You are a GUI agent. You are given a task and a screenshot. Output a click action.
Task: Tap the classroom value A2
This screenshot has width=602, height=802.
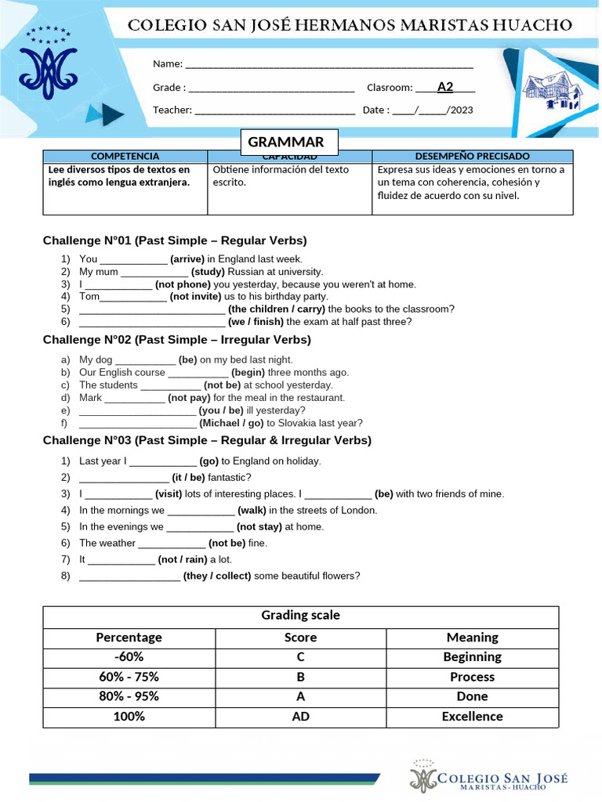point(445,87)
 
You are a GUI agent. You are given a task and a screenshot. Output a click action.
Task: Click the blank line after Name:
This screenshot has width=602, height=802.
point(328,64)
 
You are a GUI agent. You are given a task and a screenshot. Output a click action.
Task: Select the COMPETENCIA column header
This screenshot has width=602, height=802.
point(125,157)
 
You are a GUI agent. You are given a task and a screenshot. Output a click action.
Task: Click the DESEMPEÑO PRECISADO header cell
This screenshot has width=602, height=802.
point(472,157)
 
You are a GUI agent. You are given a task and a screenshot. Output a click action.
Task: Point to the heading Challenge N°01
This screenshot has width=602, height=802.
point(174,240)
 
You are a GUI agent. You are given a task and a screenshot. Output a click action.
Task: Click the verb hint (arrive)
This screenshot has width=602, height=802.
point(187,258)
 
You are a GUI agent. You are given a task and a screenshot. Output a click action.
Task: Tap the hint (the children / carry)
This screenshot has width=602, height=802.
point(276,309)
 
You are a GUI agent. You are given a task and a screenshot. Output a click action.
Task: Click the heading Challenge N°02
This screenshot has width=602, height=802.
point(176,340)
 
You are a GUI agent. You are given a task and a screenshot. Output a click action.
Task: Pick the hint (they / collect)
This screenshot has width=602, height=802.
point(217,576)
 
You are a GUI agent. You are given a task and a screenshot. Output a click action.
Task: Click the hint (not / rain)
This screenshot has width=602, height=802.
point(183,560)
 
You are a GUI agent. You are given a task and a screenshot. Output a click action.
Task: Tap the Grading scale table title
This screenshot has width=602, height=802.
point(300,616)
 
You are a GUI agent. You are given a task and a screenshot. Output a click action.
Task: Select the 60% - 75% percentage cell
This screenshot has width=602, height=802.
point(129,677)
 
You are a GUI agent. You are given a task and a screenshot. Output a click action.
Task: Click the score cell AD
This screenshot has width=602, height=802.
point(300,717)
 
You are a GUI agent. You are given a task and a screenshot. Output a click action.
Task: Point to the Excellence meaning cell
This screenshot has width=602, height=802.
point(472,717)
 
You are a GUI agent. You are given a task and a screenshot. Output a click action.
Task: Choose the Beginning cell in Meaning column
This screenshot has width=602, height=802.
point(472,657)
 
